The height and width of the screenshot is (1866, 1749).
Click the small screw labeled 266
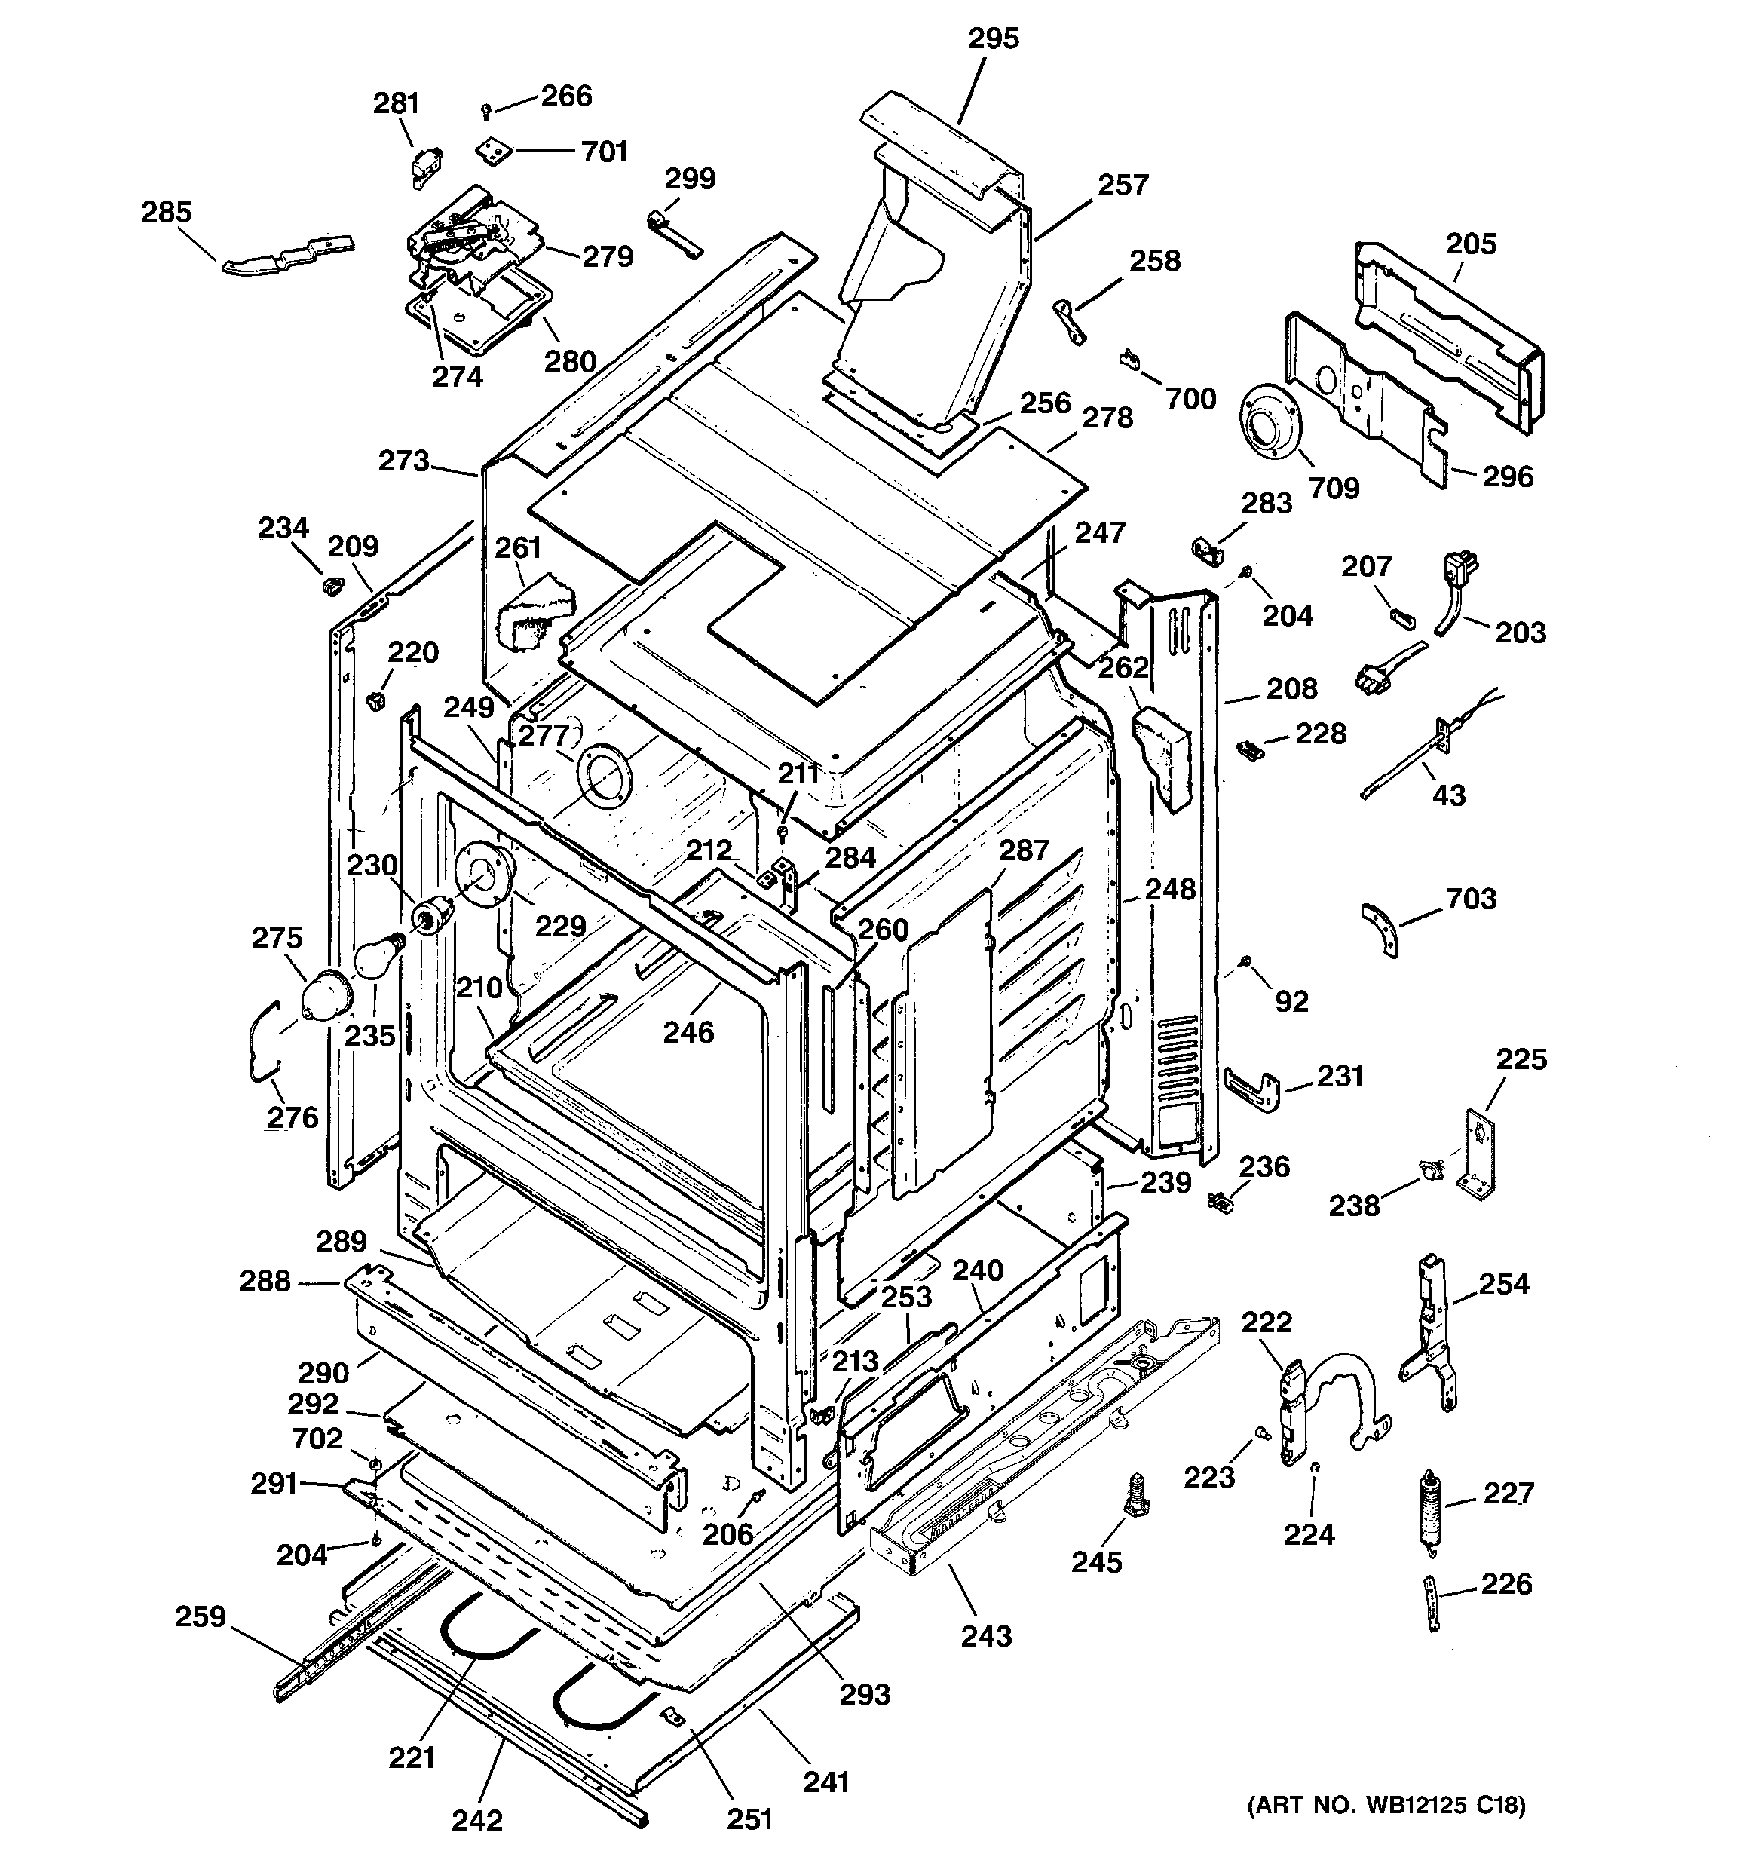click(486, 112)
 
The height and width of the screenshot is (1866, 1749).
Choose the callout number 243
click(986, 1635)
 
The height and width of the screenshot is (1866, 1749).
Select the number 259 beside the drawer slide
click(200, 1616)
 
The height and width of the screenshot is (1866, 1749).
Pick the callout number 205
click(1470, 244)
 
